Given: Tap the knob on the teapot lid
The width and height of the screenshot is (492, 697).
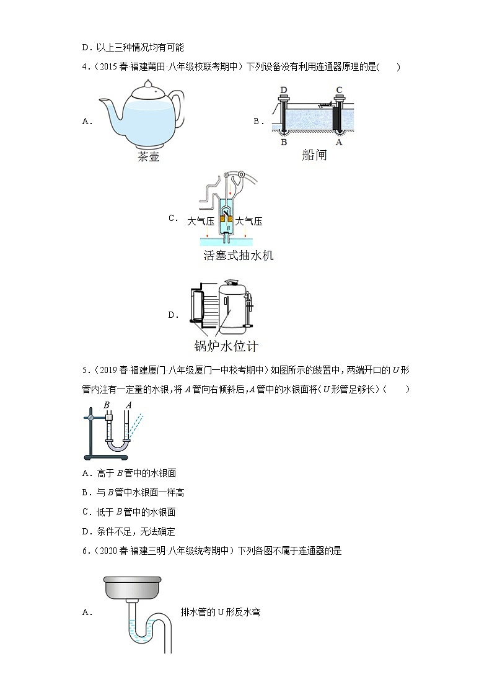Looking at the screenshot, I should coord(148,84).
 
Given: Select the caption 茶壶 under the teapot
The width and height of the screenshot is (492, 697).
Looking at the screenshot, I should coord(148,156).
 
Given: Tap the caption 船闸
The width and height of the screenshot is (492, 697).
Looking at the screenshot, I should coord(314,155).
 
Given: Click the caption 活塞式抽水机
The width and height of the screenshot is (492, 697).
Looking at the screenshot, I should coord(238,255).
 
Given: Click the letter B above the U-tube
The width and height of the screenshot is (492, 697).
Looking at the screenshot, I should coord(107,405).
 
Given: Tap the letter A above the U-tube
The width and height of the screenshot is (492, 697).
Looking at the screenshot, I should coord(128,405).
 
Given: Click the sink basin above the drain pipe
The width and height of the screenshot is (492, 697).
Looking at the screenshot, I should coord(132,587).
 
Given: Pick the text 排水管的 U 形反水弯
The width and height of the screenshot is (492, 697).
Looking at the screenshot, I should coord(221,612).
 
